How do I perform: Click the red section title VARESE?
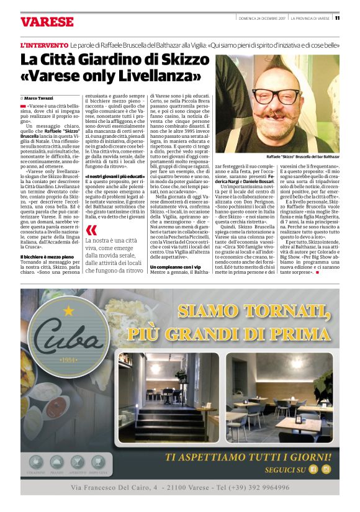47,22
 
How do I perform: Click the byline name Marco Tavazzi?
40,98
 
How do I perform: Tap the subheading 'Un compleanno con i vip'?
176,266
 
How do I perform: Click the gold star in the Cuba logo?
68,310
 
